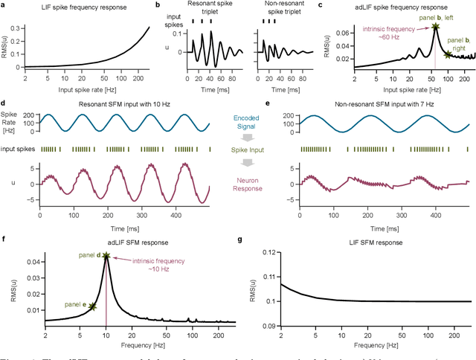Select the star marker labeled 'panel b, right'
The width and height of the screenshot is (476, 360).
pos(446,54)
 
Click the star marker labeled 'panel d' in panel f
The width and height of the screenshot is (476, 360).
pos(106,256)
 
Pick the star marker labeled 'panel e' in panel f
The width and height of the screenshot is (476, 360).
pos(92,306)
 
